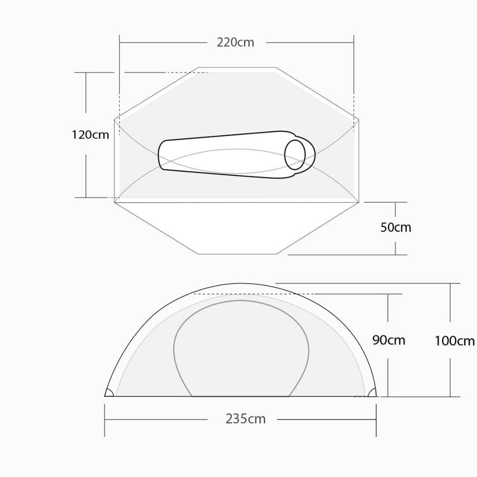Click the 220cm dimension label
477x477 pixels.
(236, 42)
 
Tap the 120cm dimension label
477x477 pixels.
(90, 135)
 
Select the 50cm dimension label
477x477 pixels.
(395, 227)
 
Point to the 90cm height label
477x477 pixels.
(389, 340)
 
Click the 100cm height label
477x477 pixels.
(455, 341)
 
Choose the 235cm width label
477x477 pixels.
(246, 419)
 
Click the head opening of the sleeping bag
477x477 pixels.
(295, 155)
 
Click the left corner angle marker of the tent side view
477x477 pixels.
(109, 392)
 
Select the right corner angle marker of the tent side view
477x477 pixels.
(372, 392)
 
